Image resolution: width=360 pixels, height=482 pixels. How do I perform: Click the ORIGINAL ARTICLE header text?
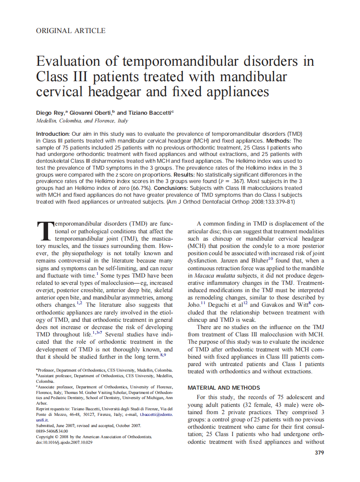[70, 31]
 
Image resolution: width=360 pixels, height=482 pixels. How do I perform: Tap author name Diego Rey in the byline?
[50, 113]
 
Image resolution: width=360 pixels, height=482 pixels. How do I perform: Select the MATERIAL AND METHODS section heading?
[224, 387]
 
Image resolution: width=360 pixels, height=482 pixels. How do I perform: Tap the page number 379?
[319, 452]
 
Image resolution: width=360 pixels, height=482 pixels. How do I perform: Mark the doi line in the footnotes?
[64, 442]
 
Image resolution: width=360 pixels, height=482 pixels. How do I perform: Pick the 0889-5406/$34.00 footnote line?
[52, 431]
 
